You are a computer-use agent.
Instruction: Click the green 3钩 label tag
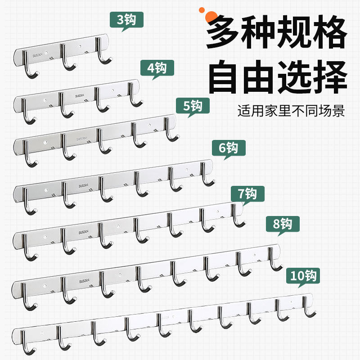(126, 19)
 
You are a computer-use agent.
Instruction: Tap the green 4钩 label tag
(157, 68)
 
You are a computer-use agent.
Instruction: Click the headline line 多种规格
(277, 32)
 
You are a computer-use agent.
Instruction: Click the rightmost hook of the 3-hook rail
(105, 56)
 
